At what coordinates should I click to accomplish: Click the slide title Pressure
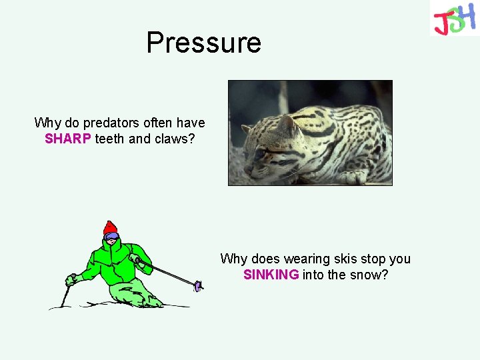click(x=203, y=43)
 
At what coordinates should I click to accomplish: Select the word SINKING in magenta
click(x=271, y=275)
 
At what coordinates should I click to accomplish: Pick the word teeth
click(x=111, y=139)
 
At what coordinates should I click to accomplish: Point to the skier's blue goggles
click(x=111, y=236)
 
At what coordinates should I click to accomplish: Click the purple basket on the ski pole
click(x=197, y=286)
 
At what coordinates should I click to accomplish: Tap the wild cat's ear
click(x=288, y=123)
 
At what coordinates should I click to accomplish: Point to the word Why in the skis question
click(x=233, y=259)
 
